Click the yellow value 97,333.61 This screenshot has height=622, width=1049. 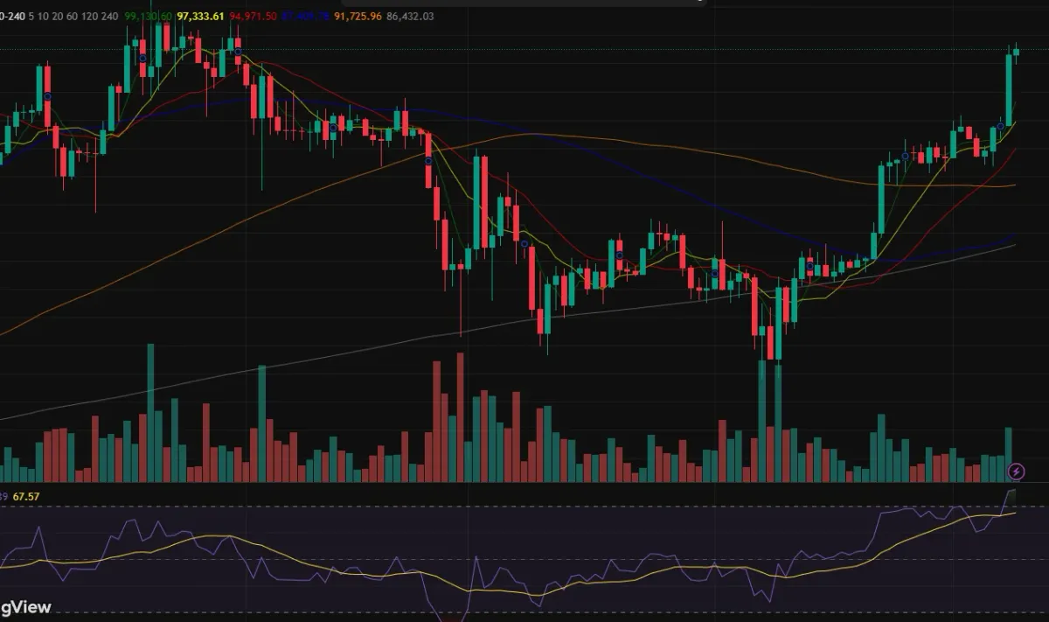200,17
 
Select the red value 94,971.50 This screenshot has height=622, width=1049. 254,17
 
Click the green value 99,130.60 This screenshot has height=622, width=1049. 149,17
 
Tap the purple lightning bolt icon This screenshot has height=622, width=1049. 1016,472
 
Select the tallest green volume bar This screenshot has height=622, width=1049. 150,412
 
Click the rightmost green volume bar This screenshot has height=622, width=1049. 1008,454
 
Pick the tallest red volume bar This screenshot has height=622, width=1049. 460,416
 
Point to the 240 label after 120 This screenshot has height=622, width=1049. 110,17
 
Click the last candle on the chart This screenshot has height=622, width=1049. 1016,52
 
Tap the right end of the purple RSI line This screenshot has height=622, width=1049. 1015,492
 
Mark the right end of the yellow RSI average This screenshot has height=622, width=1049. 1015,514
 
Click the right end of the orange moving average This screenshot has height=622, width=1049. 1014,185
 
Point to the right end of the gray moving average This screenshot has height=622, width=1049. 1014,246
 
